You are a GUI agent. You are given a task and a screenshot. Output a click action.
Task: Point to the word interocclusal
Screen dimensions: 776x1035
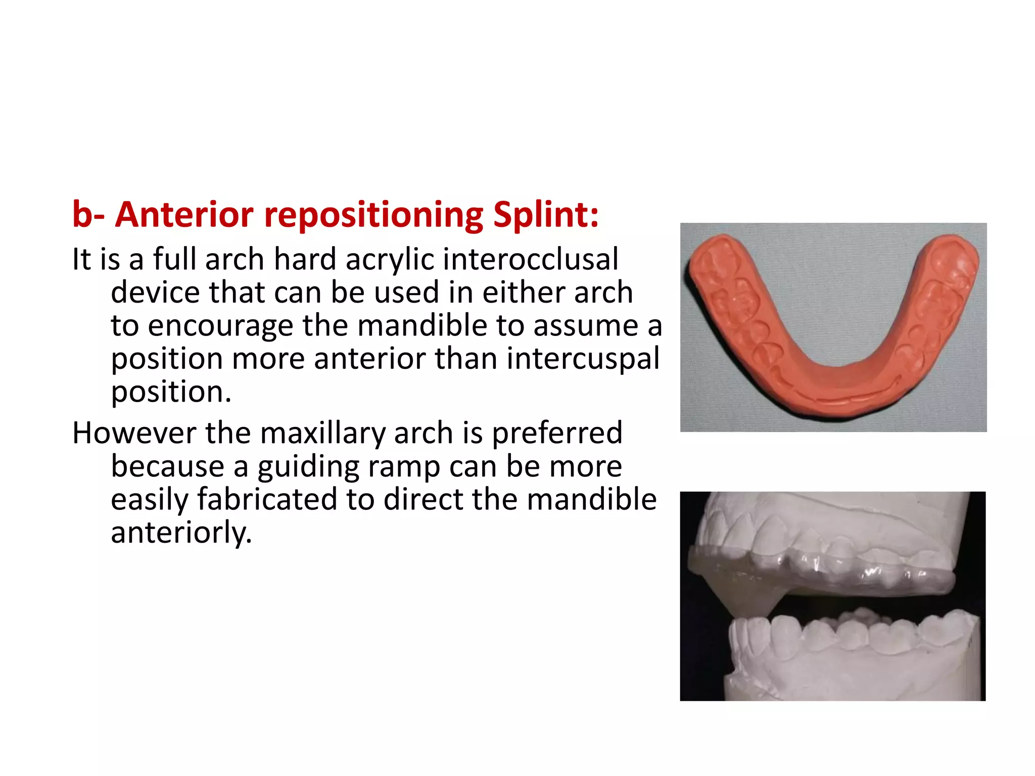[531, 259]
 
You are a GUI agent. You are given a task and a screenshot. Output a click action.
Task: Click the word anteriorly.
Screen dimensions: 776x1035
[181, 533]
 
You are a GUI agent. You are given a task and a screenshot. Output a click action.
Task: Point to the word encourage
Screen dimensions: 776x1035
[220, 326]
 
